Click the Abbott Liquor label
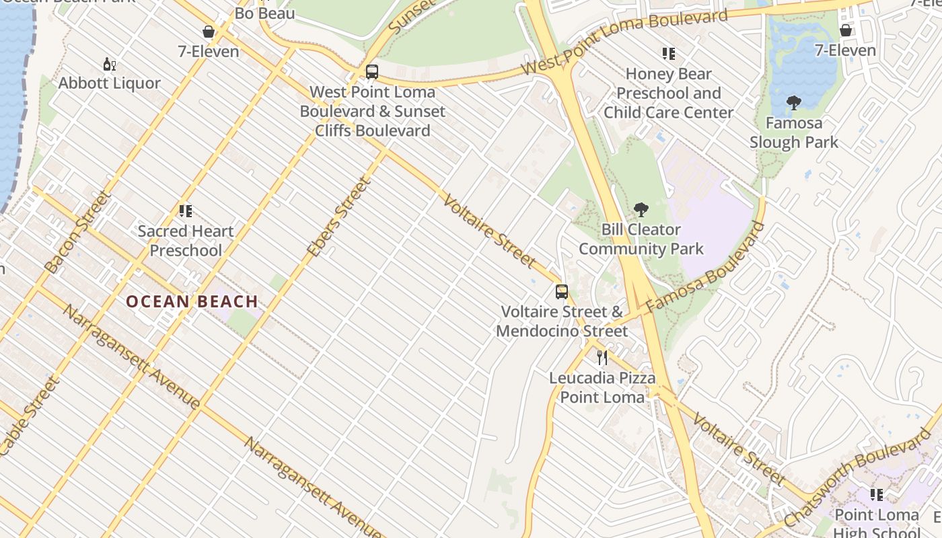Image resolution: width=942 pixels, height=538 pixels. [x=110, y=83]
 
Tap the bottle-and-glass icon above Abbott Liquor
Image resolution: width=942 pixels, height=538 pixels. [x=109, y=65]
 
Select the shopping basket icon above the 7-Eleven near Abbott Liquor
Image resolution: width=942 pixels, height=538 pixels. [x=209, y=32]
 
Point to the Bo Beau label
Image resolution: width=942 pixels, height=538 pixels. [x=264, y=13]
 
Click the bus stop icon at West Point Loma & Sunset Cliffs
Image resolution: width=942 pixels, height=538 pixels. [x=372, y=72]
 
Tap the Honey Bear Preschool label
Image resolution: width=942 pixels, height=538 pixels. [x=668, y=93]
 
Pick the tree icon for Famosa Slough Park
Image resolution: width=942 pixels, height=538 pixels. [x=794, y=103]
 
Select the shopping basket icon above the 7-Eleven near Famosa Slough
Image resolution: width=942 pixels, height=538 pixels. [x=846, y=30]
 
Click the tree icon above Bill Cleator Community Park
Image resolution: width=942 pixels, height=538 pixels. [x=641, y=210]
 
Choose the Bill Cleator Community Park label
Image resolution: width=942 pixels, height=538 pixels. [x=641, y=239]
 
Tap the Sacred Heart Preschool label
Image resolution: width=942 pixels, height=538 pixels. [x=186, y=241]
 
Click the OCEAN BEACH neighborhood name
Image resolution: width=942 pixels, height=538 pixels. [x=192, y=301]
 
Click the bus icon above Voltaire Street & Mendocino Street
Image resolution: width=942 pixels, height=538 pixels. [x=562, y=292]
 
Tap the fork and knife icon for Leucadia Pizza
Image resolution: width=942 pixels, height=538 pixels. [x=602, y=358]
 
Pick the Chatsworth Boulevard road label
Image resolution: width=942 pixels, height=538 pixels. [x=858, y=479]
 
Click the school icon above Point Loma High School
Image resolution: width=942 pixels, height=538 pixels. [x=876, y=495]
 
